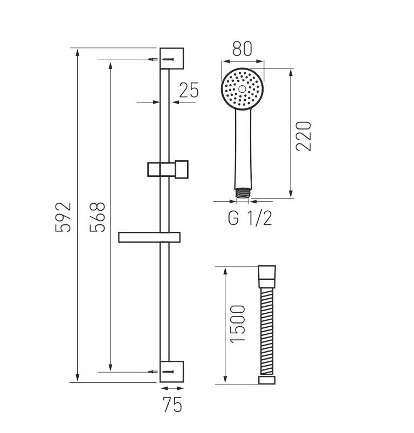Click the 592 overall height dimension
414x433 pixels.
pos(63,217)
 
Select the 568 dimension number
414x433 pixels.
pos(98,217)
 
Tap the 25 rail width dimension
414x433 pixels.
pos(189,90)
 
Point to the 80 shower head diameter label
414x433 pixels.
pos(242,49)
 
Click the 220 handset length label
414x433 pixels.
pos(303,136)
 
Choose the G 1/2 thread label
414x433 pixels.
pos(250,218)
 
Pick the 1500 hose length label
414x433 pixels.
pos(237,324)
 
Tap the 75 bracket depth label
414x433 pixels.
pos(172,405)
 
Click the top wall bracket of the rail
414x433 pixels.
pos(171,59)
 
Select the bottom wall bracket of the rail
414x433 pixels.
pos(171,372)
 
